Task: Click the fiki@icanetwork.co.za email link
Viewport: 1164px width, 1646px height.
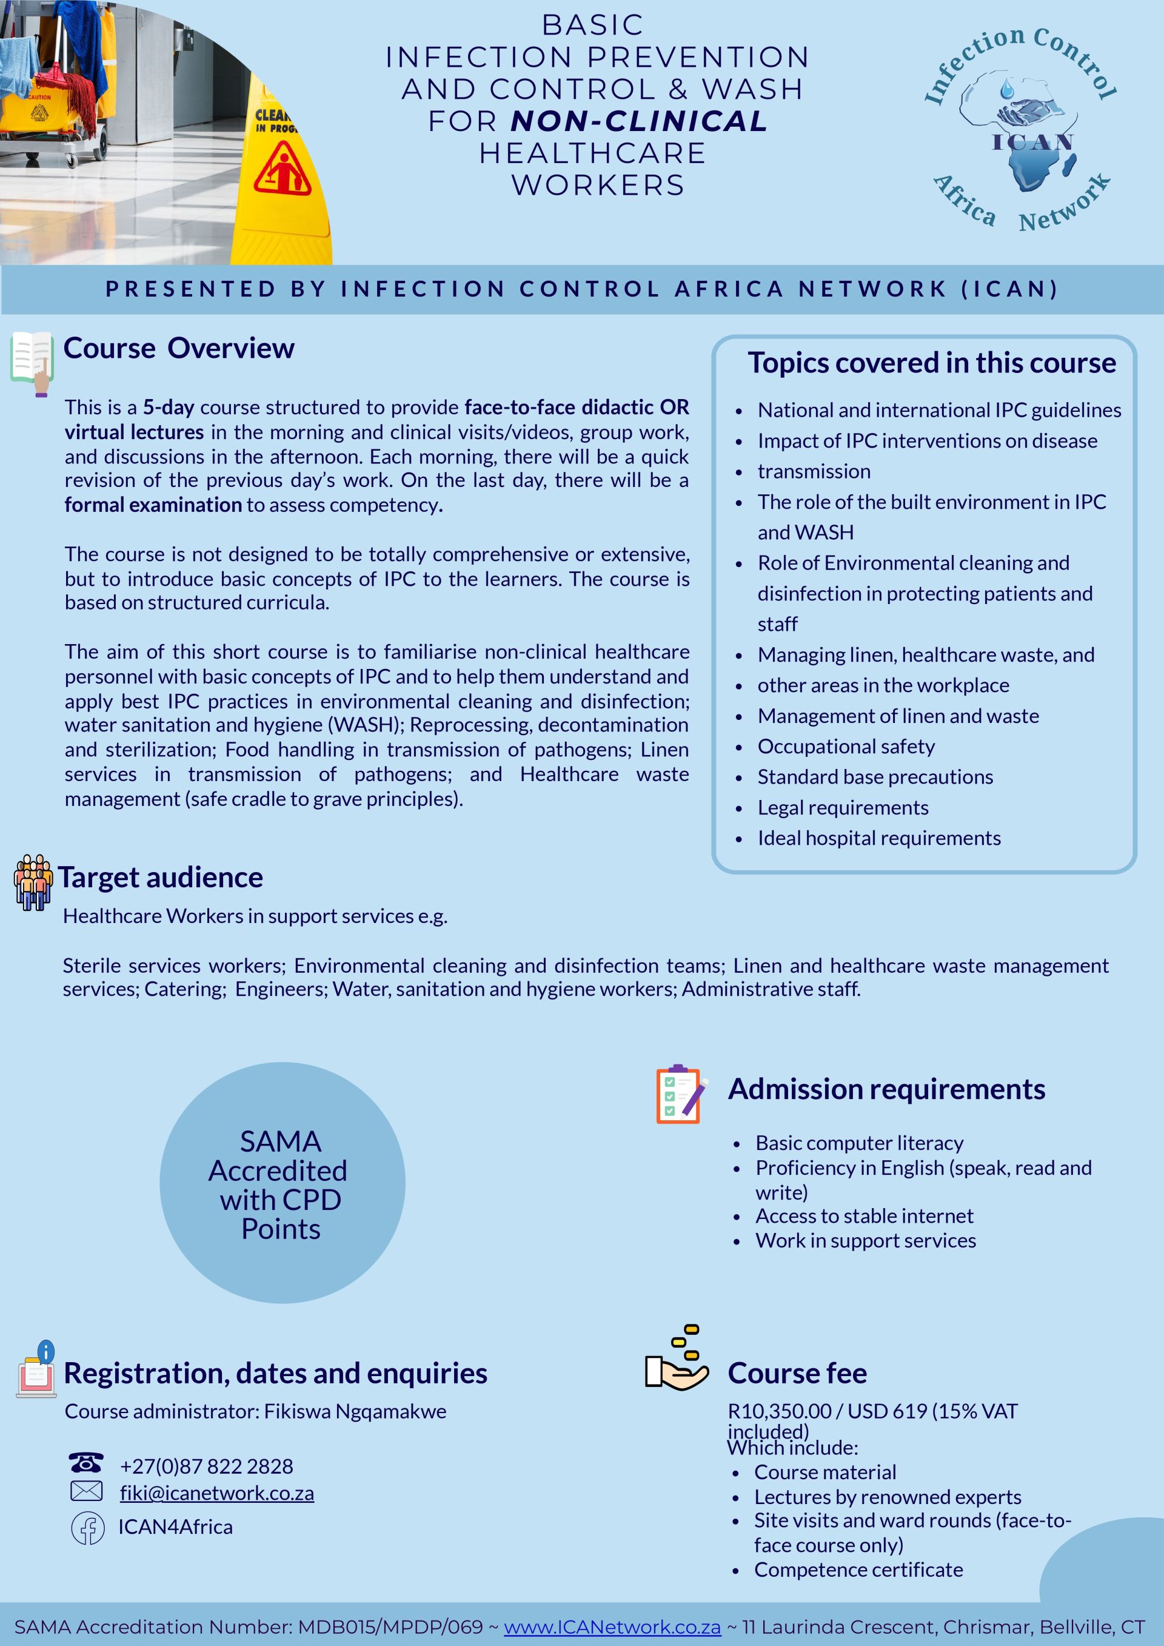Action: tap(216, 1493)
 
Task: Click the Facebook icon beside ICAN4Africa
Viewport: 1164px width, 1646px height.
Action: tap(87, 1528)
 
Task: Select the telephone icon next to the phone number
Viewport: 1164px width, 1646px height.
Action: tap(86, 1462)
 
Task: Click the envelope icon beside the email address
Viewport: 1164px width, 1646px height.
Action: tap(86, 1492)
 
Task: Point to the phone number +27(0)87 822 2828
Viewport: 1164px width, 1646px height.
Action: tap(206, 1466)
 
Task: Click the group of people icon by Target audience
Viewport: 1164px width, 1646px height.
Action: tap(32, 882)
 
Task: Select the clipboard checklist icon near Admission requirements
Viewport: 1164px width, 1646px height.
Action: tap(680, 1094)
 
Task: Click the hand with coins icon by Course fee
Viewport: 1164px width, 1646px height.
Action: tap(677, 1359)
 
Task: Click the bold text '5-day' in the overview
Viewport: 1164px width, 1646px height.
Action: tap(169, 407)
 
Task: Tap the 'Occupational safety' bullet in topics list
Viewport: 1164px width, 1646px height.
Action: tap(846, 747)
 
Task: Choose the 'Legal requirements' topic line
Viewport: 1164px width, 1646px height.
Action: tap(843, 807)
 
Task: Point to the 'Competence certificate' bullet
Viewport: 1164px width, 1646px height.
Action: tap(858, 1570)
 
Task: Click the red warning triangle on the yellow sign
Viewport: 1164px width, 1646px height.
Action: tap(283, 169)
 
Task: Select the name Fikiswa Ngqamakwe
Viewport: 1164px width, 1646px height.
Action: tap(355, 1411)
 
